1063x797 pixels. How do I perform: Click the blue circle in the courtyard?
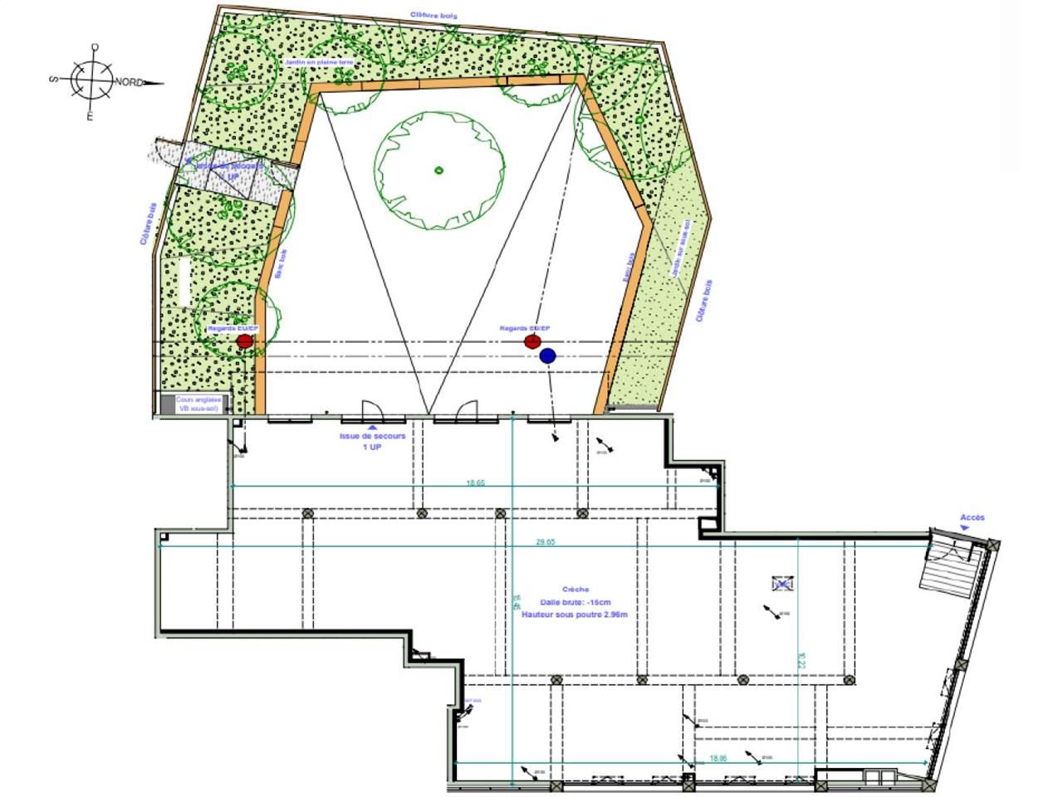pos(547,356)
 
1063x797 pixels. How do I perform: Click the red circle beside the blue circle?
pos(532,341)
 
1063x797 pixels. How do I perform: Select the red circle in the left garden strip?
pos(244,341)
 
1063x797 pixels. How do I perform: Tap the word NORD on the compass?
pos(128,81)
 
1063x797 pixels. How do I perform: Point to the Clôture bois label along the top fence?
pos(434,15)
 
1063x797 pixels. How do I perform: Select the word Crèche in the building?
pos(575,589)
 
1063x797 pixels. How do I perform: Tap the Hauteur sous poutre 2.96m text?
pos(575,614)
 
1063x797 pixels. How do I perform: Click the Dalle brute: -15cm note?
pos(575,602)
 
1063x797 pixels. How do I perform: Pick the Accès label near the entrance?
pos(972,518)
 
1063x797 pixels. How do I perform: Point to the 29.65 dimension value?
pos(545,541)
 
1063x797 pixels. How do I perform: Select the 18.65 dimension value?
pos(475,482)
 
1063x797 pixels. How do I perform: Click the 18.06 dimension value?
pos(718,758)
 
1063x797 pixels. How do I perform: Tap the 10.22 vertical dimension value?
pos(801,660)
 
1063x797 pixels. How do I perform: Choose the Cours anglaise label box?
pos(198,404)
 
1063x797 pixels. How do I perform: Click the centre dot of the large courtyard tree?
pos(438,171)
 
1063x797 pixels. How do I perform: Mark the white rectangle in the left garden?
pos(184,281)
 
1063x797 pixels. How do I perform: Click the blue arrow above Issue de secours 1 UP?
pos(372,428)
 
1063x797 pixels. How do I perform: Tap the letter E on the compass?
pos(91,117)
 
